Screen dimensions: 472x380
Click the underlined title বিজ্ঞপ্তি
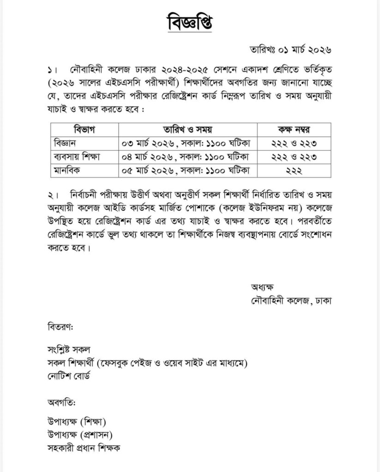click(x=189, y=22)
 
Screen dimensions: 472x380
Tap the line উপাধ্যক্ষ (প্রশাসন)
click(x=80, y=434)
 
